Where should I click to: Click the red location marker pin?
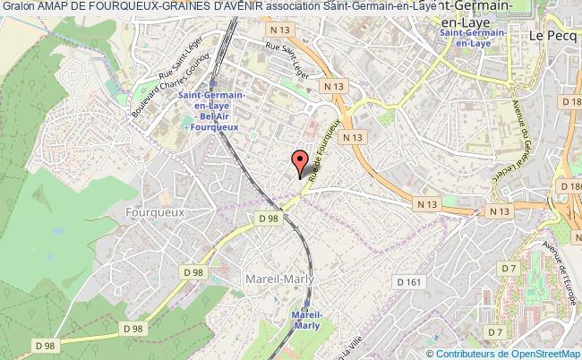click(300, 162)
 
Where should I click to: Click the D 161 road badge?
click(408, 281)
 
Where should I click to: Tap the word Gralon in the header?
click(19, 7)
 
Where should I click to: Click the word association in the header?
click(292, 7)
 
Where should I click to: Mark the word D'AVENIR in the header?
click(236, 7)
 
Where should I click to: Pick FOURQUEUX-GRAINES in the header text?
click(151, 7)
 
